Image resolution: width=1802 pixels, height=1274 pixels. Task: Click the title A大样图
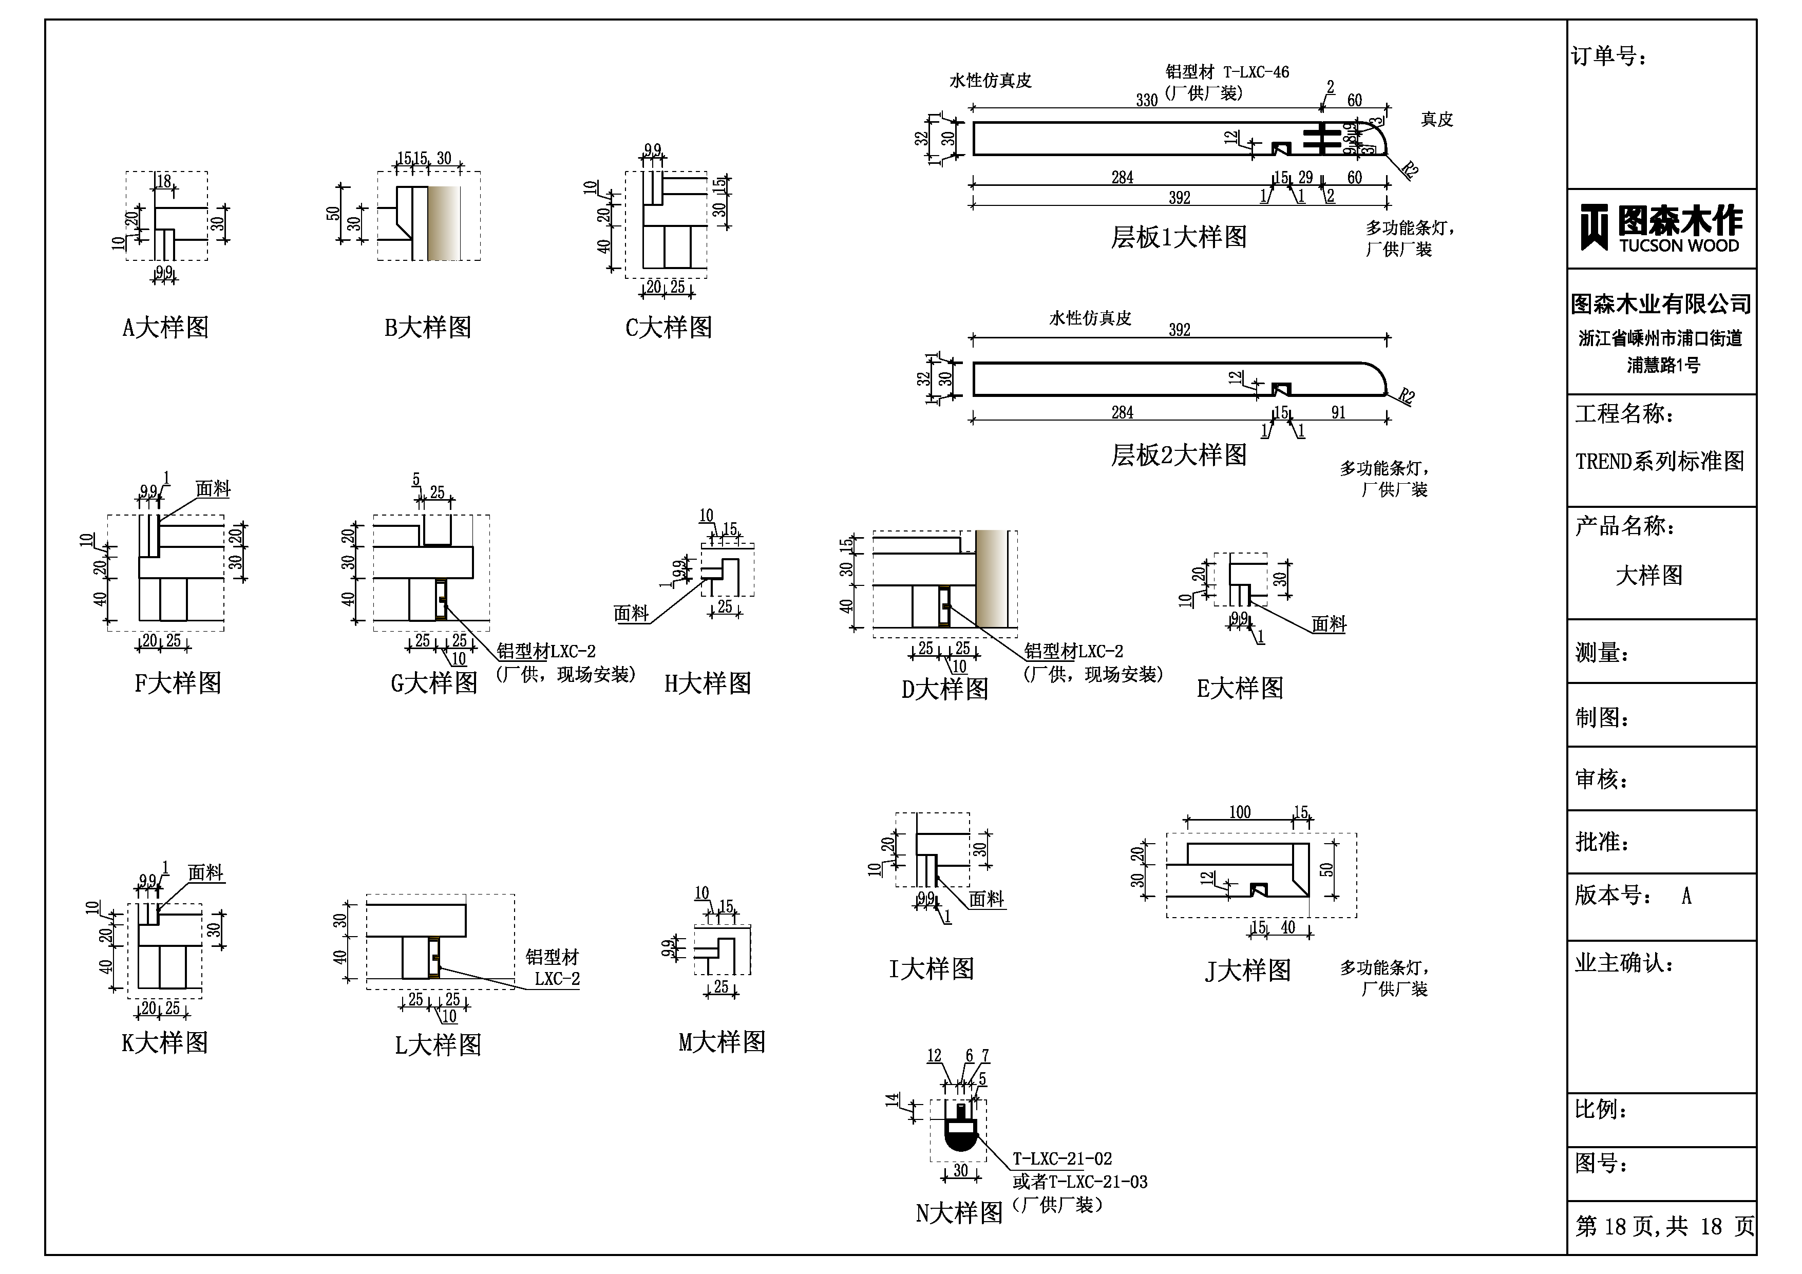(165, 327)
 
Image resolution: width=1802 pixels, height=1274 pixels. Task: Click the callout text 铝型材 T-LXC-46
(1227, 72)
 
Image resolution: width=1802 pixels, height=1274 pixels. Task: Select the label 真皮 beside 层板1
(1436, 119)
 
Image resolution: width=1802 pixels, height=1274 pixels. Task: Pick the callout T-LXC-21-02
(1062, 1158)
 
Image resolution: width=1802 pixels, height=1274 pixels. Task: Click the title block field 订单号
(1609, 56)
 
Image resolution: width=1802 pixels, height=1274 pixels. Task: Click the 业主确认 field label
(1624, 963)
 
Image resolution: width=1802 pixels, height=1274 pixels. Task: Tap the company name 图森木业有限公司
(1661, 304)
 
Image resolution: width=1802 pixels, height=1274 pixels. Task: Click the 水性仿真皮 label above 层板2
(1090, 318)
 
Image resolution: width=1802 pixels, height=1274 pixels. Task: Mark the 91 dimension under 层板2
(1338, 412)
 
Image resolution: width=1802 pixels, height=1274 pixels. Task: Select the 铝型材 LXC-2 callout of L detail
(553, 968)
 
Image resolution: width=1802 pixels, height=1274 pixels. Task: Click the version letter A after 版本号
(1686, 896)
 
